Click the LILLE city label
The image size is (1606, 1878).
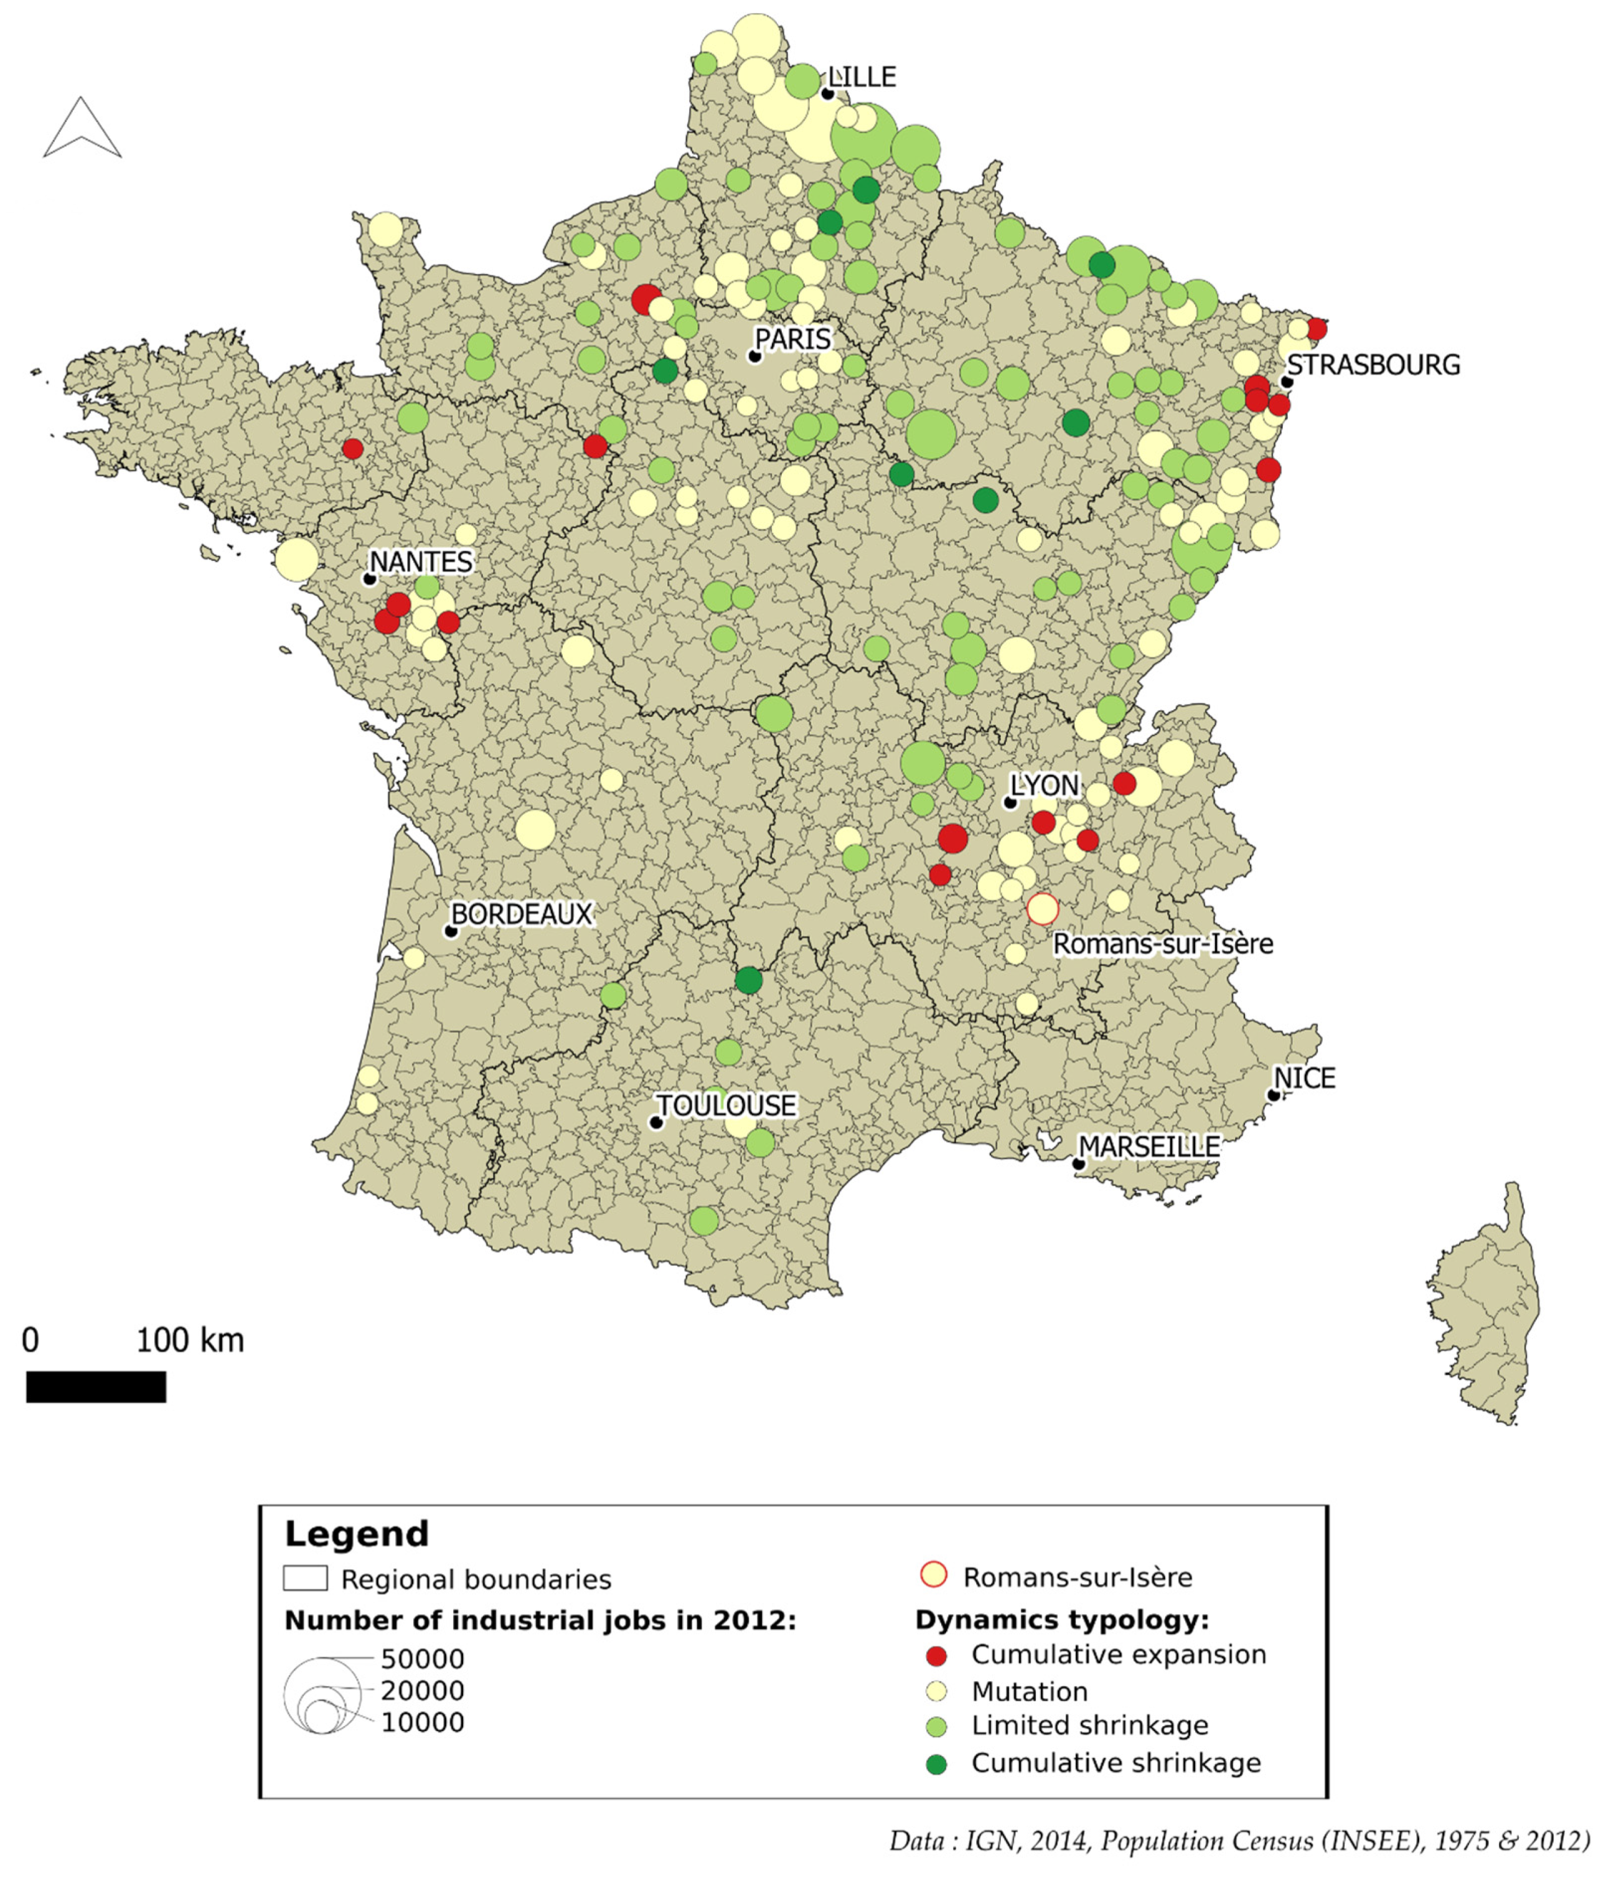click(862, 77)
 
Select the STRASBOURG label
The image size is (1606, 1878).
click(1373, 365)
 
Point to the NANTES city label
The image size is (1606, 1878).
click(421, 562)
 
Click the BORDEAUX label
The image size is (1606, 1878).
click(521, 914)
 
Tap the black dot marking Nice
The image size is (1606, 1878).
click(1274, 1095)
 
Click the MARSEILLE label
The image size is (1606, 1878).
click(1149, 1147)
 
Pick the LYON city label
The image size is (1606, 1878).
click(1045, 785)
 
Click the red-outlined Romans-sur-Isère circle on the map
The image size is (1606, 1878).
click(1042, 908)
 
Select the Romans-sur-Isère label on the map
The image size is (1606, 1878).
click(1163, 944)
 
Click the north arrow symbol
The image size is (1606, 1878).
click(82, 129)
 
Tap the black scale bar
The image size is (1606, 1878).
click(96, 1387)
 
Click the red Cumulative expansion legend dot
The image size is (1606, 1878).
click(936, 1656)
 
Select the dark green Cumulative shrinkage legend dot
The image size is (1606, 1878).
click(936, 1764)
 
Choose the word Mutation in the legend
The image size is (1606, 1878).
click(1030, 1691)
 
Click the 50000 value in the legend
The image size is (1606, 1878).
click(422, 1659)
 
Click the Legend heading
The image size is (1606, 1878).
click(356, 1534)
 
